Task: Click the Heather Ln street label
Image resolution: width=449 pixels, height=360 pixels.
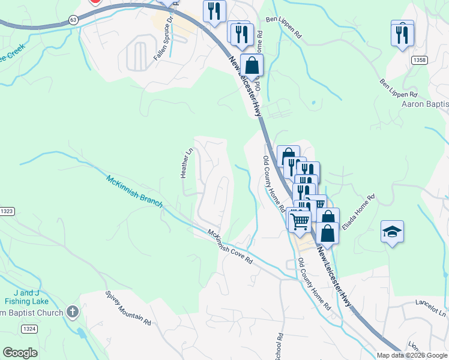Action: [187, 163]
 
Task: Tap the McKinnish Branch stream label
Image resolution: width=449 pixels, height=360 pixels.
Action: [134, 191]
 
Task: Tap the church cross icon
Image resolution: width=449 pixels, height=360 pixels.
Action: [72, 312]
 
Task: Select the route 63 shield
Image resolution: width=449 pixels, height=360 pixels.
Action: [73, 20]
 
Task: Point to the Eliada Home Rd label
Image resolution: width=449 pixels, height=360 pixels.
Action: [358, 211]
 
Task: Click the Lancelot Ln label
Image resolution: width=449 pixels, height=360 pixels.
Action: [431, 309]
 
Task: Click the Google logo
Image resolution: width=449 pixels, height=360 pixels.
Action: [20, 353]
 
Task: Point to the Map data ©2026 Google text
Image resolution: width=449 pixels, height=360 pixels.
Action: [412, 355]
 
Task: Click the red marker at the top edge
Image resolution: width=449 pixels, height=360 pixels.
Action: [95, 2]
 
